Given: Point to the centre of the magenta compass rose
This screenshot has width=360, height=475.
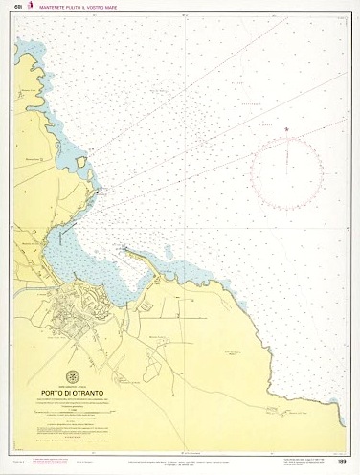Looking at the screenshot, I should [x=286, y=169].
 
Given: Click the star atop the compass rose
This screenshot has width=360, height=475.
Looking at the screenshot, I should [x=286, y=128].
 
